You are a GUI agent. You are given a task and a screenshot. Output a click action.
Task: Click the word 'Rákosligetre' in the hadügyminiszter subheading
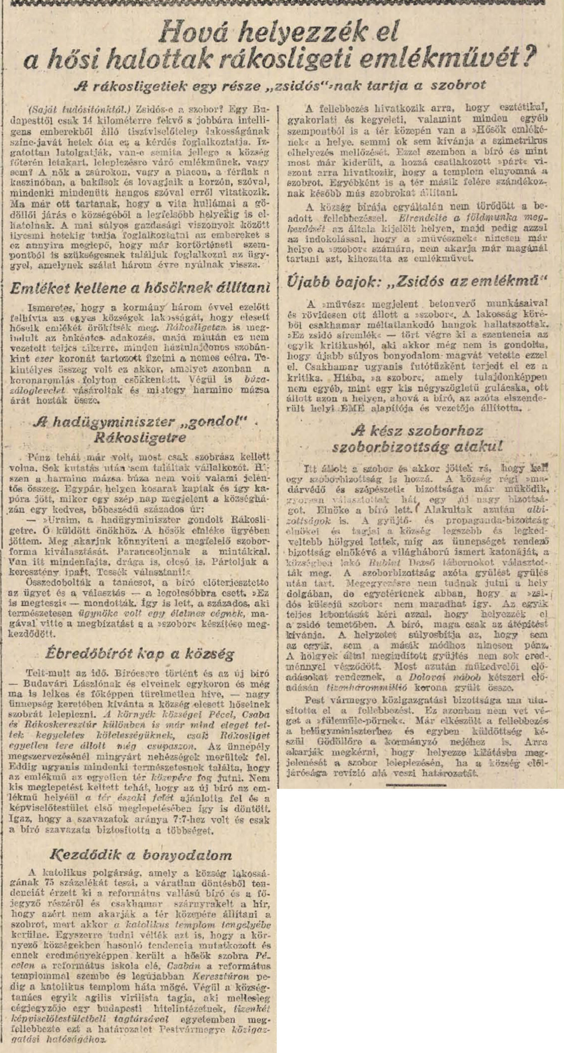tap(140, 437)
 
